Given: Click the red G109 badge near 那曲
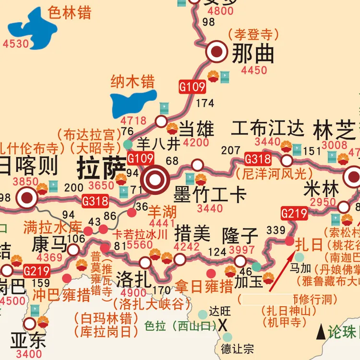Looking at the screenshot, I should coord(192,87).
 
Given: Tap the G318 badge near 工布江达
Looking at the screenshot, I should coord(258,158).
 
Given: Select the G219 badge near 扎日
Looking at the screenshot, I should coord(294,213).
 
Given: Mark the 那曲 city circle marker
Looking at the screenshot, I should coord(217,52).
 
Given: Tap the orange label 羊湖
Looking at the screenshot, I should coord(162,212).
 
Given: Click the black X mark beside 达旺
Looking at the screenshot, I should coord(223,325).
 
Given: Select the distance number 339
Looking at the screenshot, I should coord(276,230).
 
